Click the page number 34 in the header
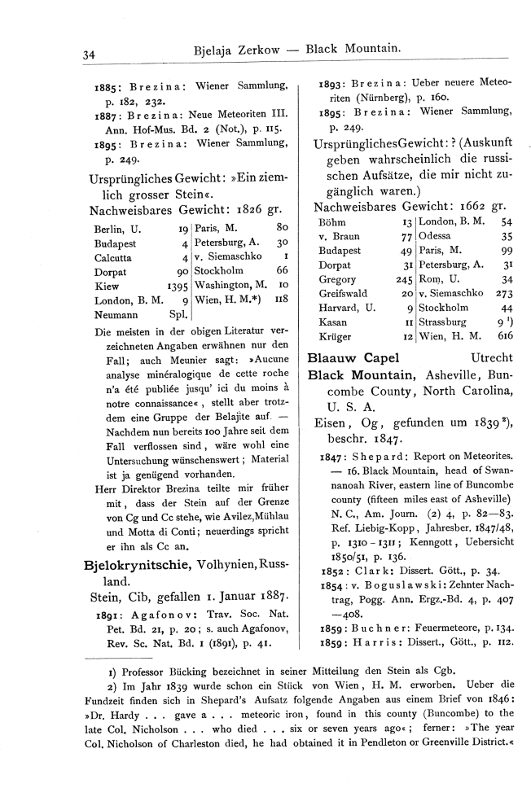point(90,55)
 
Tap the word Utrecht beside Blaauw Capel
point(492,356)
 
